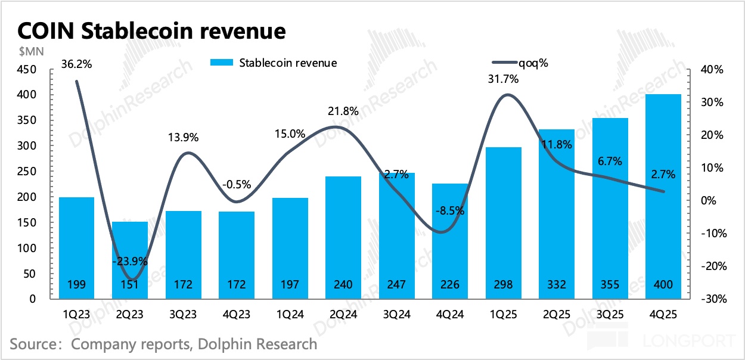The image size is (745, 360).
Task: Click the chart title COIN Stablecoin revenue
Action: click(151, 30)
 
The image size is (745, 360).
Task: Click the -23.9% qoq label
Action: click(131, 261)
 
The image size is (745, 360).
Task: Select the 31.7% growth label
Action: click(503, 78)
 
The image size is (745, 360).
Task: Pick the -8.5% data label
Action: click(449, 210)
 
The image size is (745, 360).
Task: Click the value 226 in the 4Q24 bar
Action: click(449, 285)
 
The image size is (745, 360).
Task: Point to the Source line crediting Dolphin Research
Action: click(163, 344)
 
